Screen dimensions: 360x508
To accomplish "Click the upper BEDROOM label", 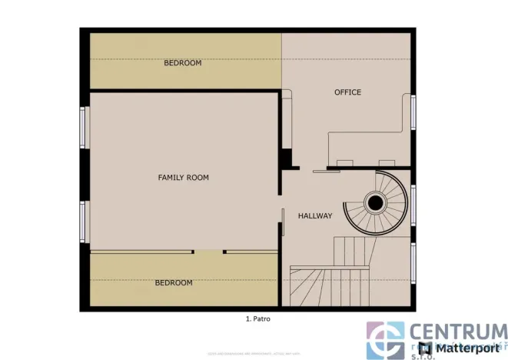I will pyautogui.click(x=182, y=63).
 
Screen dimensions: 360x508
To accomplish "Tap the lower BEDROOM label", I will pyautogui.click(x=174, y=283).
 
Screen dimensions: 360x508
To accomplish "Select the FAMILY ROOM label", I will pyautogui.click(x=183, y=178).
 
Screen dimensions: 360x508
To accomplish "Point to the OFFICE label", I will pyautogui.click(x=347, y=92).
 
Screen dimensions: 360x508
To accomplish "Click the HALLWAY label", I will pyautogui.click(x=315, y=216).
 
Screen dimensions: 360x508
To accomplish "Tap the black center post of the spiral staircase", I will pyautogui.click(x=375, y=203).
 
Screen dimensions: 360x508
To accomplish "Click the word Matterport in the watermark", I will pyautogui.click(x=470, y=348).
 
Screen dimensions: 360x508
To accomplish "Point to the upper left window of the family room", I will pyautogui.click(x=84, y=127).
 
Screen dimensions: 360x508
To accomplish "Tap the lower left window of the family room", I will pyautogui.click(x=84, y=222).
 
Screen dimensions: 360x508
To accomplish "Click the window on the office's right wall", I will pyautogui.click(x=414, y=112).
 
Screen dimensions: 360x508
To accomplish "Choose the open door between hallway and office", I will pyautogui.click(x=324, y=171).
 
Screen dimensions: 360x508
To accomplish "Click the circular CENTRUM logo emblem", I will pyautogui.click(x=385, y=340).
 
